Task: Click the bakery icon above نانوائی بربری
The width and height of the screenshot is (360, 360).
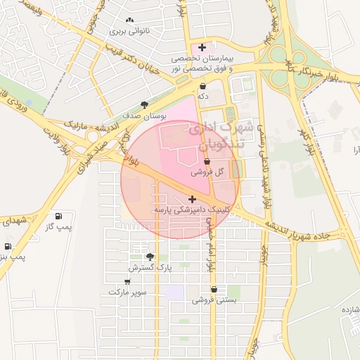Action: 129,20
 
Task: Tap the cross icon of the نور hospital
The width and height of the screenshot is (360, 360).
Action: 202,47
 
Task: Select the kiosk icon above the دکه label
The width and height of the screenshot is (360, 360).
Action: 202,86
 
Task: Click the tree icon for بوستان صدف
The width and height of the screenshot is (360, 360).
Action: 145,105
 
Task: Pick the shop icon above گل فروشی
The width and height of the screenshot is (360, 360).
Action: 207,162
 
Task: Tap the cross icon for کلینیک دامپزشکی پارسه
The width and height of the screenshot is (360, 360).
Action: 193,200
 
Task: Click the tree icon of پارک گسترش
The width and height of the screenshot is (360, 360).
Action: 150,257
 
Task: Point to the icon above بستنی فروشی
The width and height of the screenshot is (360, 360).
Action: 214,289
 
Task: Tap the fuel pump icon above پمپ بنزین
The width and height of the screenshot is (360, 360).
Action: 8,247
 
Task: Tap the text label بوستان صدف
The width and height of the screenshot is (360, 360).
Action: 144,115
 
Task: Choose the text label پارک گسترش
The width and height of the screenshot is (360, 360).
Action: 150,268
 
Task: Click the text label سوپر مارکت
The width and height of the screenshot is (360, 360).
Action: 127,291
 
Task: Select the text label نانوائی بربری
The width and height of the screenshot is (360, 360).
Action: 129,32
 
